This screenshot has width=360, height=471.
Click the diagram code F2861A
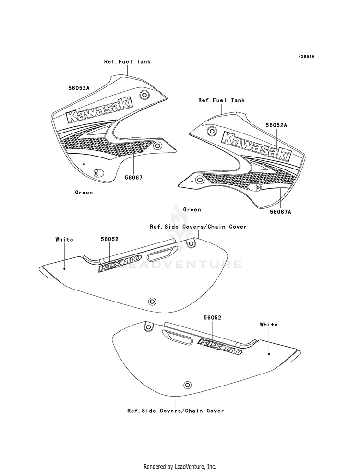click(x=306, y=56)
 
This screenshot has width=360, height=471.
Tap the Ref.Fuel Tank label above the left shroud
click(x=127, y=61)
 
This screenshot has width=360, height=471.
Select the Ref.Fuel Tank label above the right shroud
click(x=221, y=100)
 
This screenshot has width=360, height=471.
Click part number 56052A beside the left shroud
click(x=79, y=88)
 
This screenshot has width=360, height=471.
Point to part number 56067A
click(x=280, y=212)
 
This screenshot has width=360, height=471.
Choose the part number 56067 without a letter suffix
click(x=133, y=178)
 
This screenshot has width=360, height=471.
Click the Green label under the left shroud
click(x=84, y=192)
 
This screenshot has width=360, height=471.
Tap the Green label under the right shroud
click(x=192, y=209)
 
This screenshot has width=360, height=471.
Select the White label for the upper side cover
click(x=64, y=240)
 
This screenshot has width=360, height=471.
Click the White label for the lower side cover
click(x=269, y=325)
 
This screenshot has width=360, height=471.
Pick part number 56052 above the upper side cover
click(x=109, y=239)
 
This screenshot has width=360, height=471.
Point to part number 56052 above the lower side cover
click(x=212, y=317)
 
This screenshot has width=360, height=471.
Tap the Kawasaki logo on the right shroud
click(x=256, y=145)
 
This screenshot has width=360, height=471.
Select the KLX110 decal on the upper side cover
click(x=120, y=262)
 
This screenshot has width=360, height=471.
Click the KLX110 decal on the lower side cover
click(x=219, y=346)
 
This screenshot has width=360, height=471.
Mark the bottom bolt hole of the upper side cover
click(x=152, y=302)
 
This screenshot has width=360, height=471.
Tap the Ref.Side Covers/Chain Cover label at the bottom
click(x=176, y=411)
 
